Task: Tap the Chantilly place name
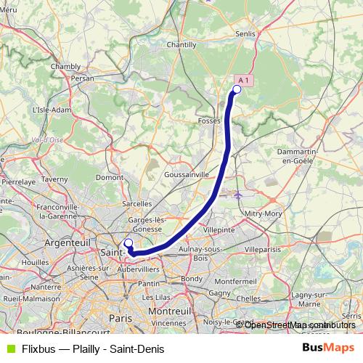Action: [181, 44]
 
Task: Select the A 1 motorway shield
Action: [245, 80]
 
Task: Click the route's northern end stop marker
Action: [236, 89]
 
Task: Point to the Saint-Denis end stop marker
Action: [129, 243]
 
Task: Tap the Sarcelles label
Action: [137, 204]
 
